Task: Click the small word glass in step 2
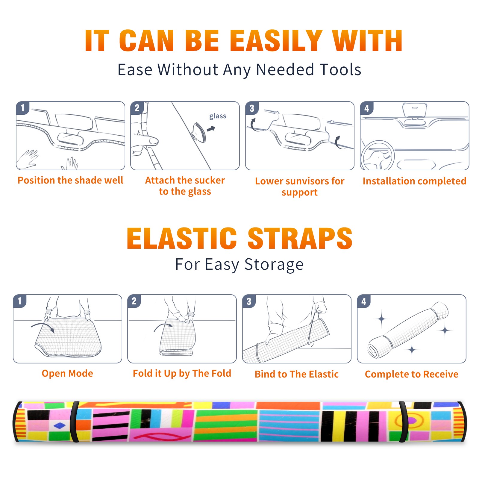(218, 116)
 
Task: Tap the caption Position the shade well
(70, 180)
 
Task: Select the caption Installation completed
(414, 181)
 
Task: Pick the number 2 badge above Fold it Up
(134, 301)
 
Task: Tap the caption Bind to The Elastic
(297, 374)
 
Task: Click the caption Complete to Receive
(412, 374)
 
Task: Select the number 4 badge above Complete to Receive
(364, 301)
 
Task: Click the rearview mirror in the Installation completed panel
(414, 110)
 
